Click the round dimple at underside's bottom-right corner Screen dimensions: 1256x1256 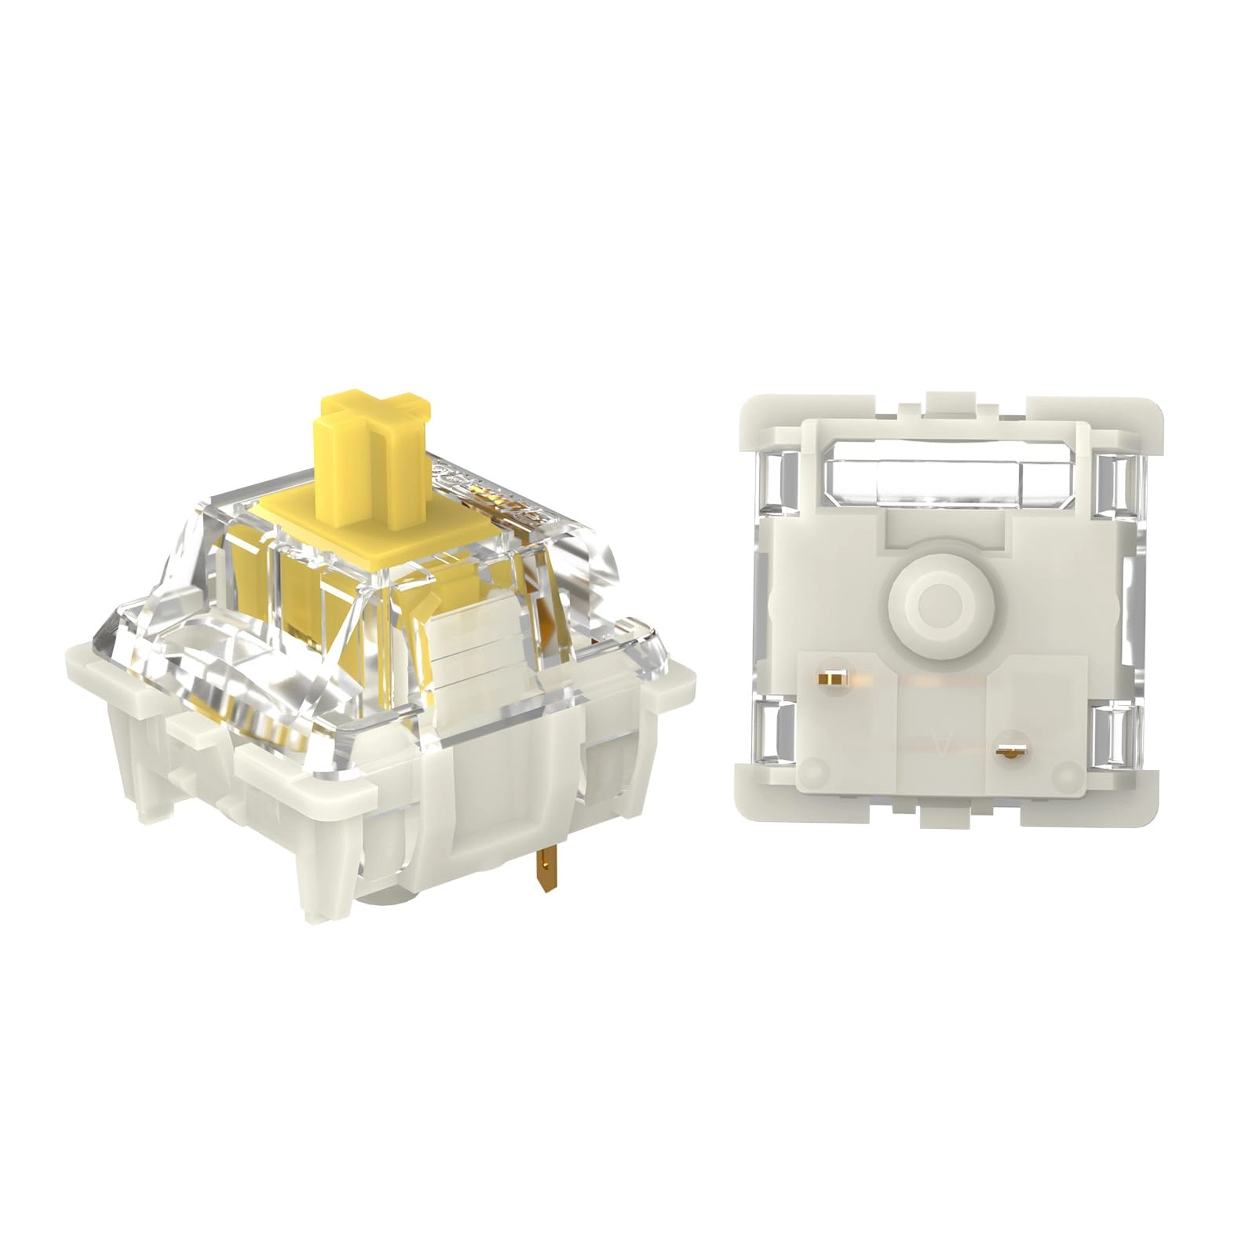[1064, 772]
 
